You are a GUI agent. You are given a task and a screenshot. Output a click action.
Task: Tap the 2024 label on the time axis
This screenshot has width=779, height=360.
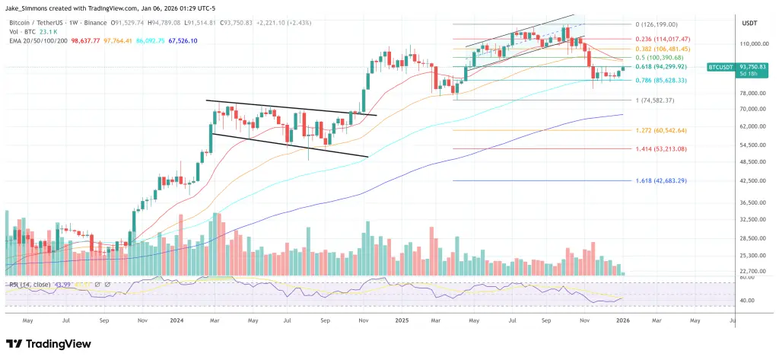180,320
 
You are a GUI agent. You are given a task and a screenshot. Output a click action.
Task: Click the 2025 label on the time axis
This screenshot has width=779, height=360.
403,320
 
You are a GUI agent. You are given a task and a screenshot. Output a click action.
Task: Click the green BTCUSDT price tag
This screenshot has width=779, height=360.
721,67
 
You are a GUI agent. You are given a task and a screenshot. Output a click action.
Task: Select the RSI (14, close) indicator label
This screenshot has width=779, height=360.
30,285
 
